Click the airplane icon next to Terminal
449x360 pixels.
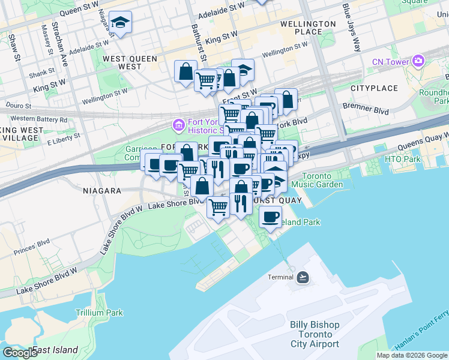303,277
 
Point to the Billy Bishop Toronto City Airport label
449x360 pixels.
315,334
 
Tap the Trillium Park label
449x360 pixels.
99,313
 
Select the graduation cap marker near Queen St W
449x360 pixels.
121,23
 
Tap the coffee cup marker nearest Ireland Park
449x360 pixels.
271,216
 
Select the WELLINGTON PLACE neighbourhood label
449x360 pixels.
307,28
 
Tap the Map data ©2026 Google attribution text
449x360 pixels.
411,355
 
